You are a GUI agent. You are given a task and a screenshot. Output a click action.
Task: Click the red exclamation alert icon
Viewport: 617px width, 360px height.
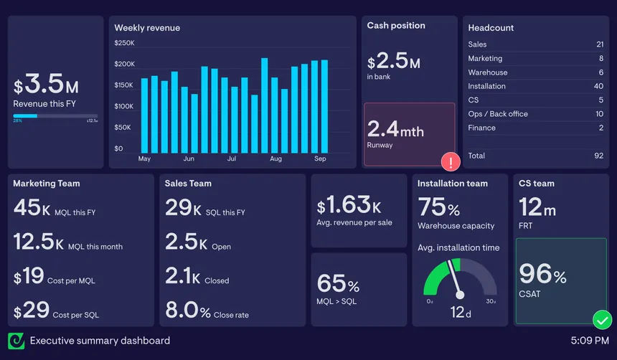451,162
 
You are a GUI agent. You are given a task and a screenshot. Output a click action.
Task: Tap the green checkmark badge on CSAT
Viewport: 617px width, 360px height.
602,319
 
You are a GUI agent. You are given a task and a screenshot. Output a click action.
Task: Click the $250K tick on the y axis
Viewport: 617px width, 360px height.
124,43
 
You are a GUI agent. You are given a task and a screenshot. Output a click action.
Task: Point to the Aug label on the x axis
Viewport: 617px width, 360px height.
275,158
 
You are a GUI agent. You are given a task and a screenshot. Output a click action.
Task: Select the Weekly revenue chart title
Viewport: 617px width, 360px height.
147,28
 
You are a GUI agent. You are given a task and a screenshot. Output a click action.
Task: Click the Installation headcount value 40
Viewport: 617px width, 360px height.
598,86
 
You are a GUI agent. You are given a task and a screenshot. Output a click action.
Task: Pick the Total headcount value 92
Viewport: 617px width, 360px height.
598,156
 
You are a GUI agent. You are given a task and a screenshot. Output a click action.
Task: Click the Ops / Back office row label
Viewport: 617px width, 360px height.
498,114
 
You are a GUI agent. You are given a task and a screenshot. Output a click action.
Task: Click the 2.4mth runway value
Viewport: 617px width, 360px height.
395,130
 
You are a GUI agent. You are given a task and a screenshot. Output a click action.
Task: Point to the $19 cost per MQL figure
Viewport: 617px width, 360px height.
29,277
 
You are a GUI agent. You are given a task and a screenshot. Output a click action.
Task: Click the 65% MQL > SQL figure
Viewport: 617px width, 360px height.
338,283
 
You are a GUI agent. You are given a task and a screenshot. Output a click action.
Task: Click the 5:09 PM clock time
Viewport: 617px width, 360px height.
590,341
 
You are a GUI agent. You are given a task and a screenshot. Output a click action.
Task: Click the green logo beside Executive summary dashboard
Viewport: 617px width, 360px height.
17,341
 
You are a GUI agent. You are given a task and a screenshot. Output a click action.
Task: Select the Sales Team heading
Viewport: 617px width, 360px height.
188,184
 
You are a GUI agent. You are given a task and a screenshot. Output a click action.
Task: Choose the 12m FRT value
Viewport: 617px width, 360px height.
537,208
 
